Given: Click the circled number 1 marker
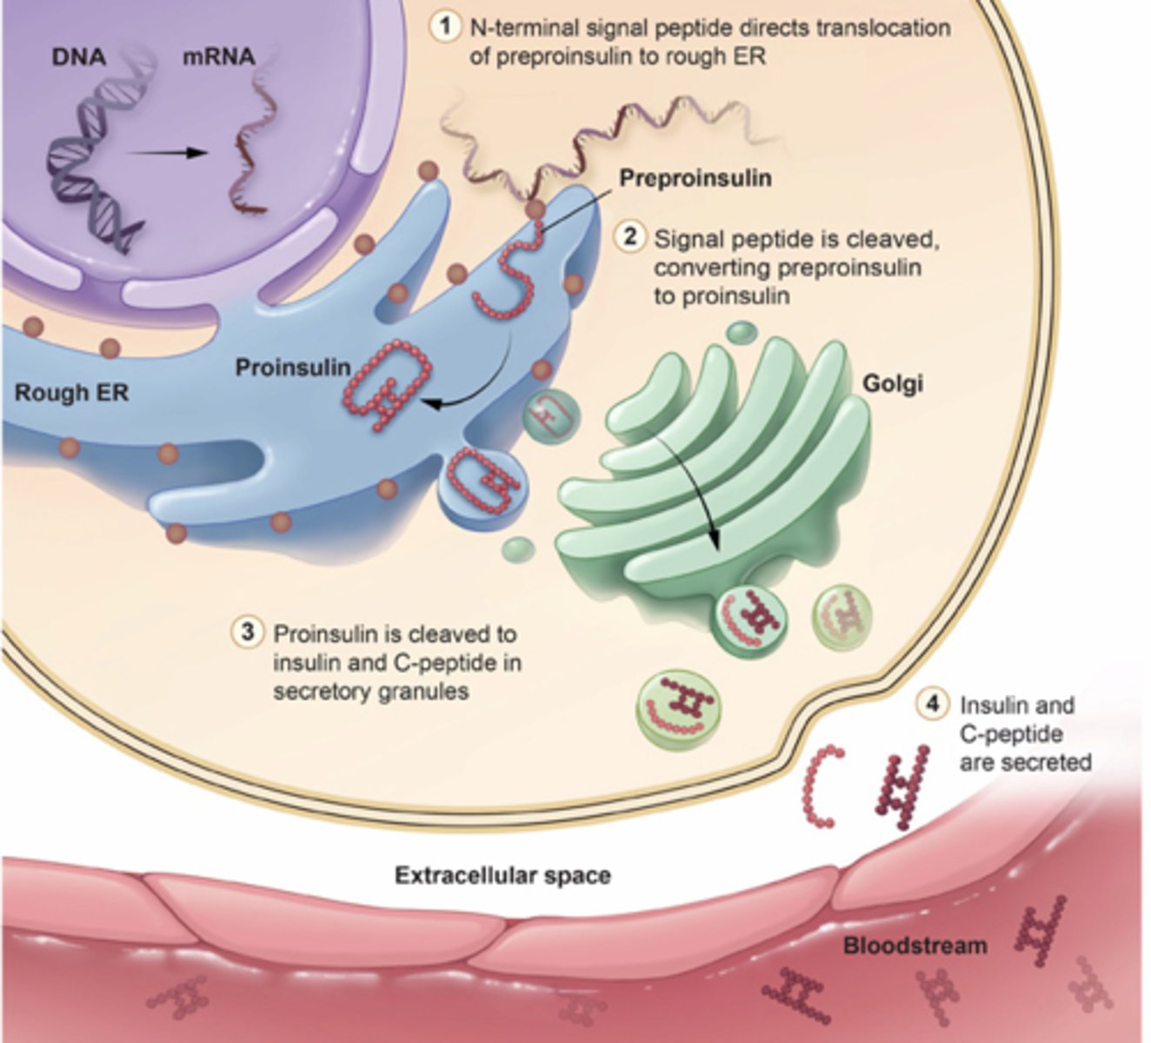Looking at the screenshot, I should click(x=446, y=27).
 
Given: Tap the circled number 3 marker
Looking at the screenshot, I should click(x=248, y=632).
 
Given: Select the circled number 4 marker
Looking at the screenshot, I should click(x=933, y=703).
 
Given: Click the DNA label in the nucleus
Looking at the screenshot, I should click(x=78, y=57).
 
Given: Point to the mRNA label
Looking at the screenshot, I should click(x=218, y=57).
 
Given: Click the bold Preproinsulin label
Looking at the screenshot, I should click(x=695, y=178).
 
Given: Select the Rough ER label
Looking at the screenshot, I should click(x=71, y=393).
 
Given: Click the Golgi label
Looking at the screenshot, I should click(x=892, y=382).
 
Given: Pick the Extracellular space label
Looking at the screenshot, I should click(x=502, y=875).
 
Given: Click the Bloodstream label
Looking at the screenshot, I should click(x=915, y=945).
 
